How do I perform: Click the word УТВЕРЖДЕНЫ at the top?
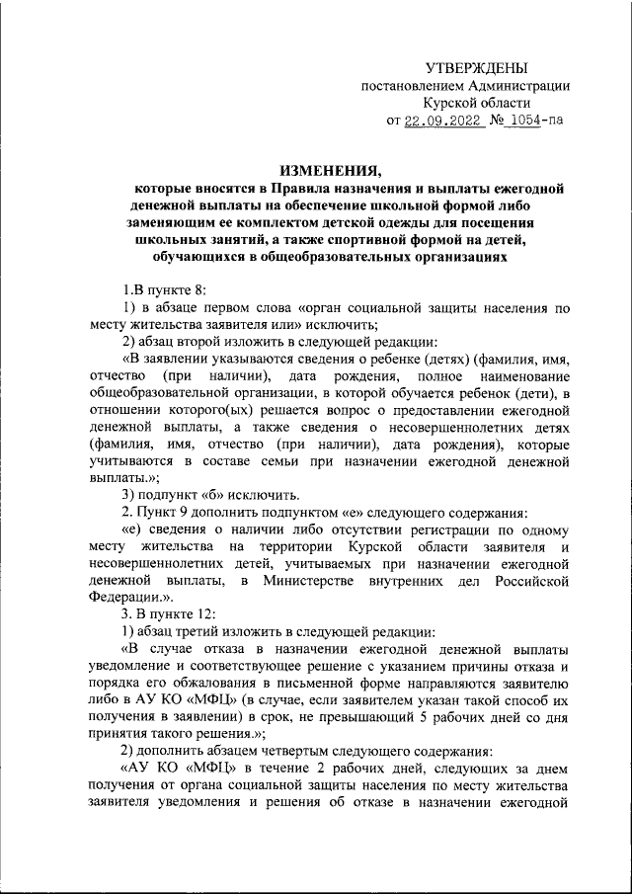(477, 67)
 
